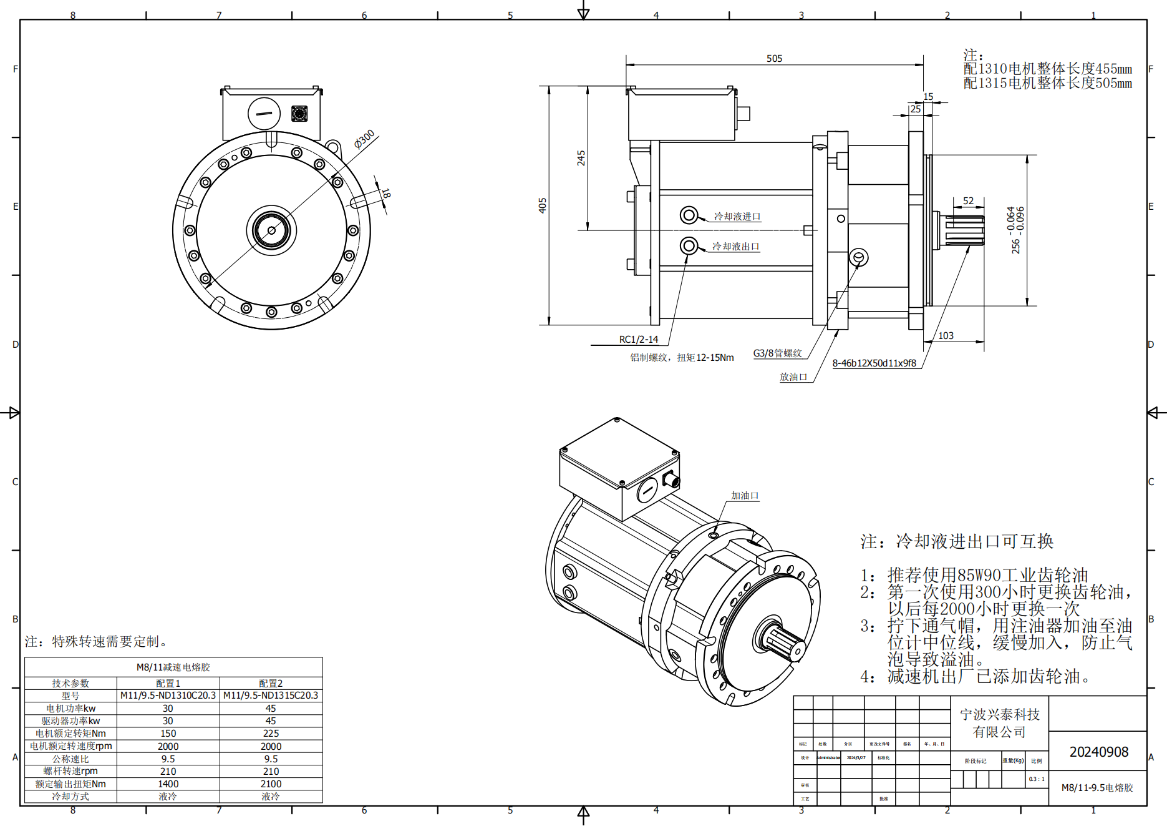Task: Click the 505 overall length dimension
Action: click(774, 59)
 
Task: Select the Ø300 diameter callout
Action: click(364, 139)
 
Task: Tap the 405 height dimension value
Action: click(543, 205)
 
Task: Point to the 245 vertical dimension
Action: click(581, 157)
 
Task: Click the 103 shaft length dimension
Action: click(946, 336)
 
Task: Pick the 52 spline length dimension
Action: click(968, 201)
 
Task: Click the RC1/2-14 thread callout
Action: click(638, 340)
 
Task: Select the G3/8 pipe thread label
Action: click(777, 353)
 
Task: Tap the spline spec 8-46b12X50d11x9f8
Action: click(874, 363)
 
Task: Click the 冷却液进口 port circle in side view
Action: click(689, 215)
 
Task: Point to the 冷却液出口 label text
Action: click(736, 247)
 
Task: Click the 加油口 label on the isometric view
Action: click(745, 496)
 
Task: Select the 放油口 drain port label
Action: click(793, 377)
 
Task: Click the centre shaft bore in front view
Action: click(271, 230)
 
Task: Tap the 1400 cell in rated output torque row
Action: click(168, 784)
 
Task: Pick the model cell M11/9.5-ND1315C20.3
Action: click(271, 696)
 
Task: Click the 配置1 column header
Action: click(168, 684)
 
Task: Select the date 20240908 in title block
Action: click(1098, 752)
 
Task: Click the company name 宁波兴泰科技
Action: click(999, 714)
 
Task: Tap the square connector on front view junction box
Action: click(299, 114)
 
